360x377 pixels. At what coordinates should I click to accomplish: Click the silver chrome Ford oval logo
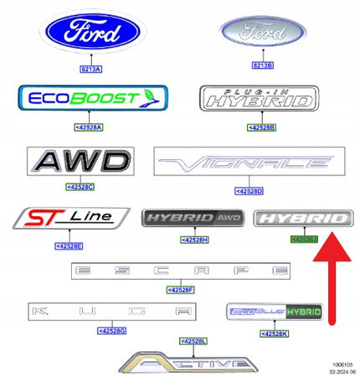[x=266, y=34]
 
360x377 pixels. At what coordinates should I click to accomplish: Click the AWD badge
[x=80, y=163]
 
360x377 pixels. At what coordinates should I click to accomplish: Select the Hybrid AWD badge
[x=193, y=219]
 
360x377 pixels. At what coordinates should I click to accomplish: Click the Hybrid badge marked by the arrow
[x=301, y=219]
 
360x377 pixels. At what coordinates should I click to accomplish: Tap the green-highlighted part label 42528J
[x=303, y=240]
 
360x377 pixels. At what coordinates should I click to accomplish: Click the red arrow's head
[x=332, y=249]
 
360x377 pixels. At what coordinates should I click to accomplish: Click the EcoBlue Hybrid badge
[x=275, y=313]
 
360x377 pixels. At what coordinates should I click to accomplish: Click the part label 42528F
[x=181, y=289]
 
